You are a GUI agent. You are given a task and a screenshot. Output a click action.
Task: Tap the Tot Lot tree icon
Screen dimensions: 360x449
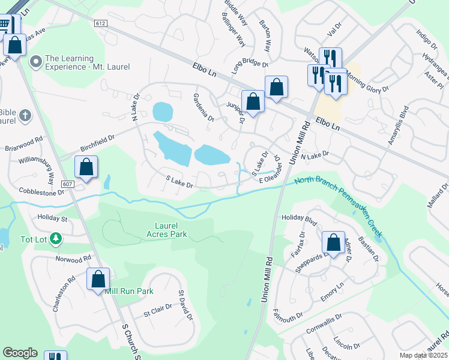point(56,239)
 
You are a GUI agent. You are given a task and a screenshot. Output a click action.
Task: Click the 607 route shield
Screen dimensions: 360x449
point(67,184)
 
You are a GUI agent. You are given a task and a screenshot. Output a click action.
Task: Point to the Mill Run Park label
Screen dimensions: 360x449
point(129,291)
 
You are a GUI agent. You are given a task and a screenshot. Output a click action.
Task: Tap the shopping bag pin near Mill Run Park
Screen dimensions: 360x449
point(98,280)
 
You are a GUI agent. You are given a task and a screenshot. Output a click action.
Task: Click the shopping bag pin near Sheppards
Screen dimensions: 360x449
point(333,243)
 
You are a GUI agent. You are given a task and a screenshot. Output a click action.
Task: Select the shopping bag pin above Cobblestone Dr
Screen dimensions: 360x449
point(86,167)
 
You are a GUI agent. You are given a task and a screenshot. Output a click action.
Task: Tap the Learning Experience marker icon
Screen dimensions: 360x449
point(35,61)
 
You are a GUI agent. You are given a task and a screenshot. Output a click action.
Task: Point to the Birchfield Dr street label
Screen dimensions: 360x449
point(97,143)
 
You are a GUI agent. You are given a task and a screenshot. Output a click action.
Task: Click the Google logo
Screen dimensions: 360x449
point(19,353)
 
